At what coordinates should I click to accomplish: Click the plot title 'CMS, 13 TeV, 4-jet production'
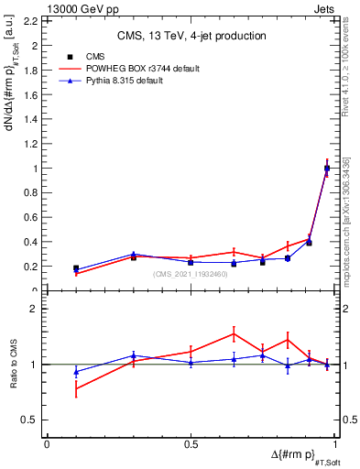(x=191, y=36)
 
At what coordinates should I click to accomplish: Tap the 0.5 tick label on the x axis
(x=191, y=444)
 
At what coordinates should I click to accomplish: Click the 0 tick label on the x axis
(x=47, y=444)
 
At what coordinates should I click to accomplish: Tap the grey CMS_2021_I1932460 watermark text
(x=191, y=274)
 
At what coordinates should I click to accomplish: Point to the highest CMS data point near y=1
(x=327, y=168)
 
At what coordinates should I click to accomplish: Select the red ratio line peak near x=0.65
(x=234, y=333)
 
